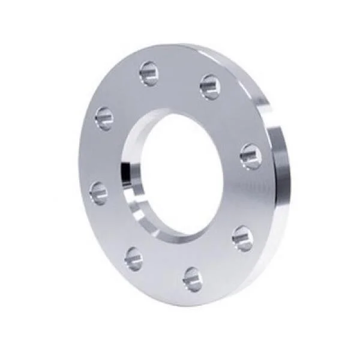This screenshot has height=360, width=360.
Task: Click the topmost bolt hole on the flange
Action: (149, 73)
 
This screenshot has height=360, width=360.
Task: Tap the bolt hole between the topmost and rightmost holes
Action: (210, 86)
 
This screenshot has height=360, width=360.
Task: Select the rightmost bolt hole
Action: (250, 156)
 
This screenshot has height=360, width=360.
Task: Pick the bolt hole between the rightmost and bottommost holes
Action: (242, 238)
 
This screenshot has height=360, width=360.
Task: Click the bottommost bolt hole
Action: (193, 279)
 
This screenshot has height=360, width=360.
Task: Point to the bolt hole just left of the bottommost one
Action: (134, 259)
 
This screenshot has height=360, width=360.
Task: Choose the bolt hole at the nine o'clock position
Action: (99, 193)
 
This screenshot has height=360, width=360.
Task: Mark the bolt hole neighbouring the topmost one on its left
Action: (104, 118)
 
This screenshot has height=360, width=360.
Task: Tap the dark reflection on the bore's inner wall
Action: (127, 171)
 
